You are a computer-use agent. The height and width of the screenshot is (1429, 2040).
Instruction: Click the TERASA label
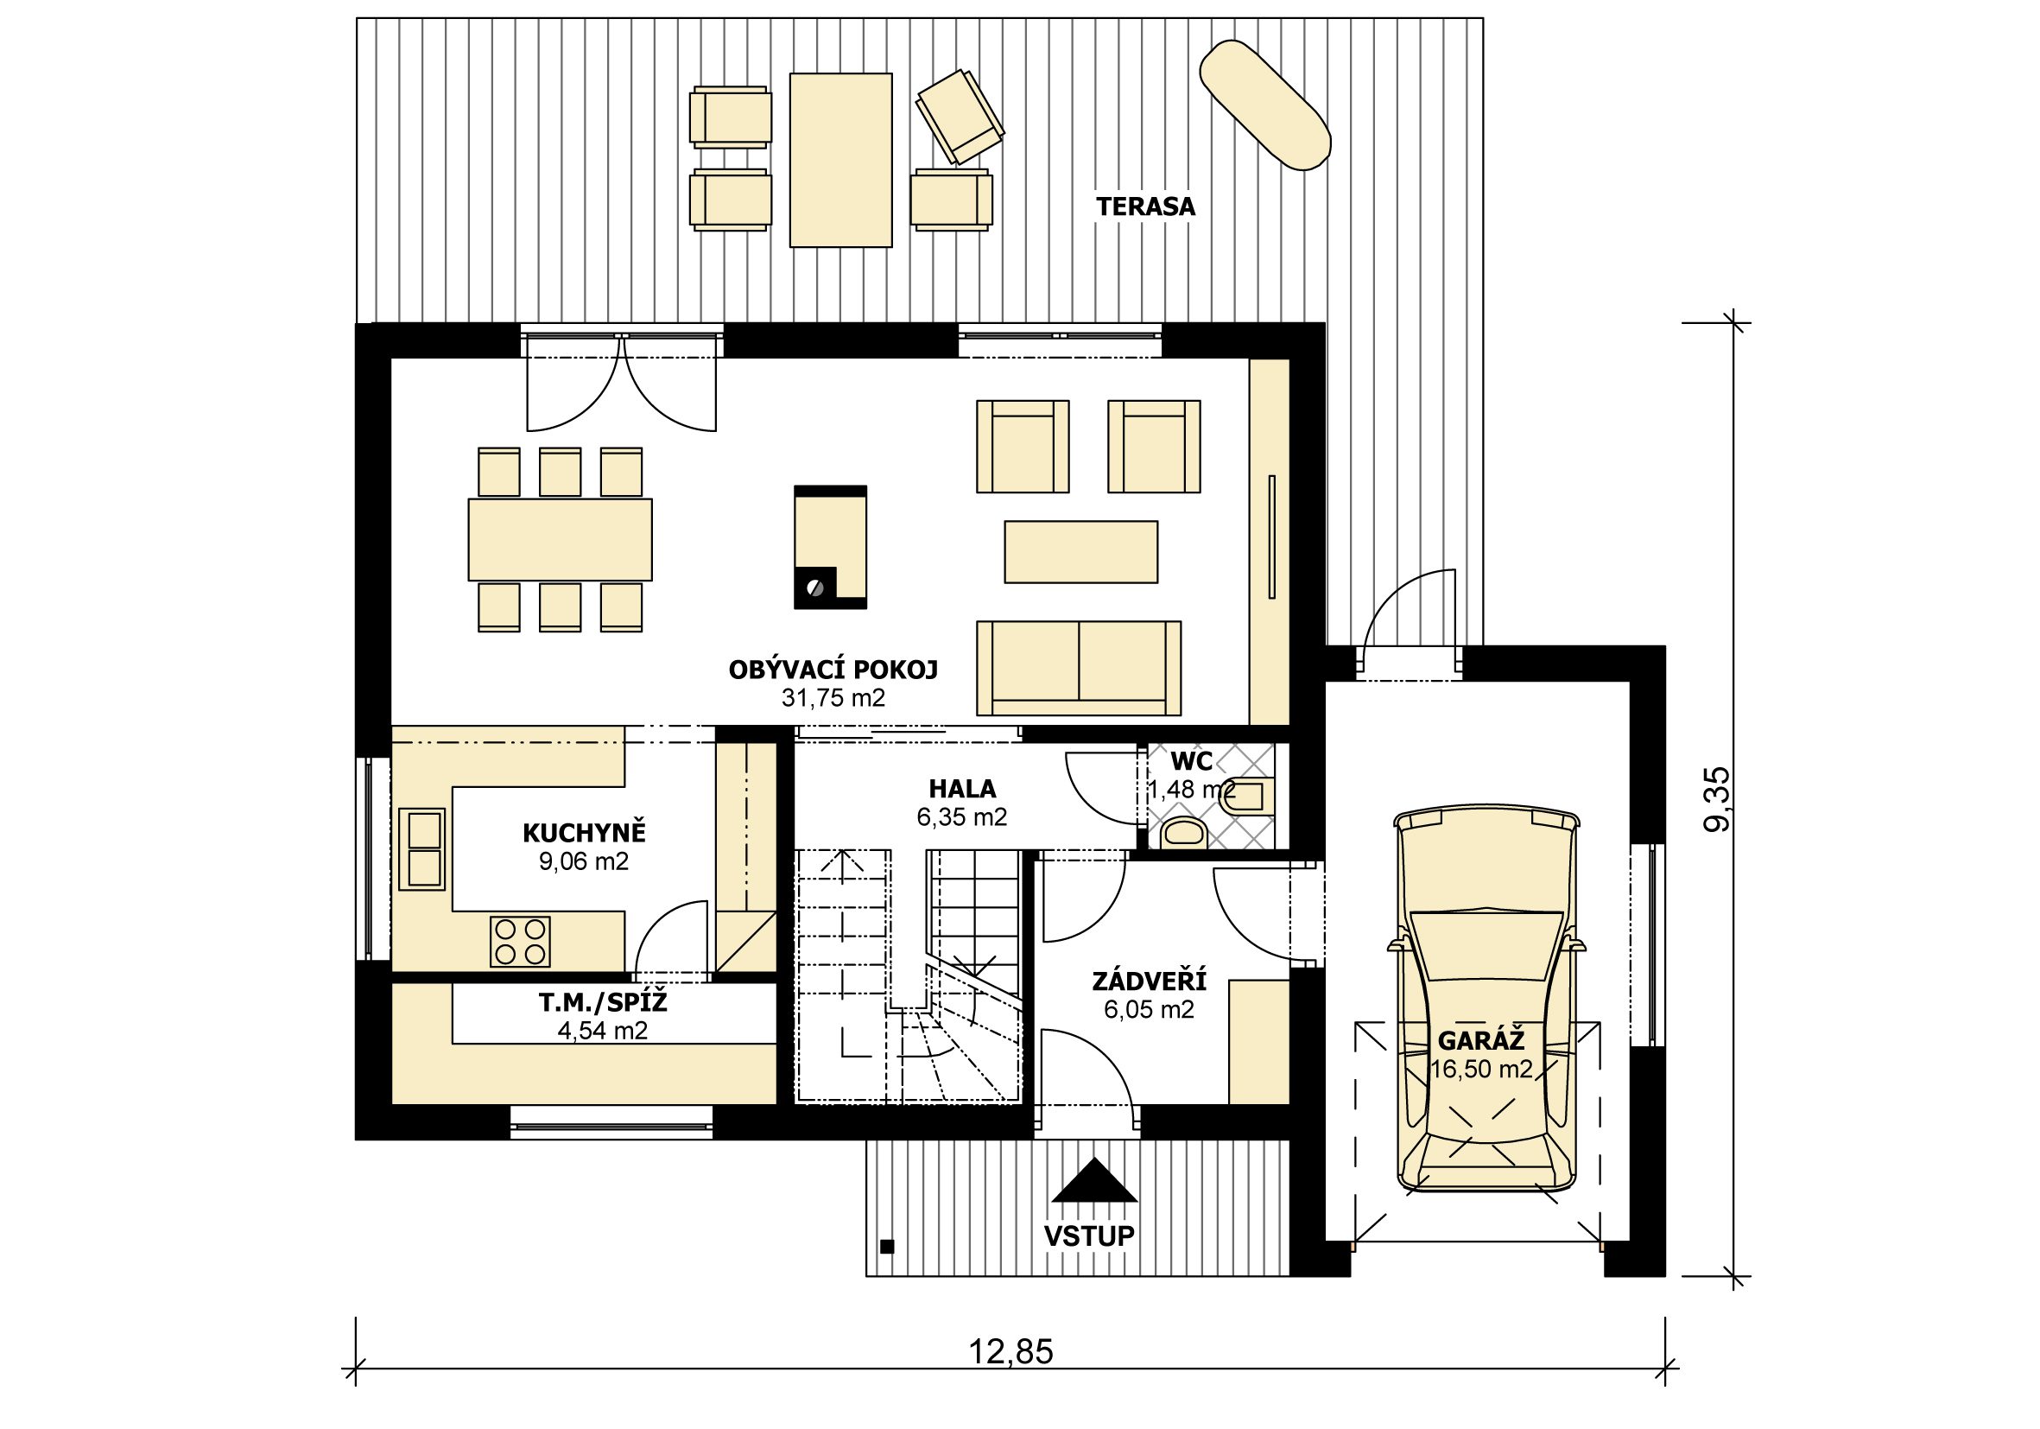(1145, 207)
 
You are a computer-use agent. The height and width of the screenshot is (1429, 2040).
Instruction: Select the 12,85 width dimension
(1010, 1352)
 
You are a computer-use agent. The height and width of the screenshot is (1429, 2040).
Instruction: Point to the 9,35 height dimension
(1717, 799)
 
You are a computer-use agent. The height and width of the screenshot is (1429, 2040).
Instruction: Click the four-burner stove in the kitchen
(520, 942)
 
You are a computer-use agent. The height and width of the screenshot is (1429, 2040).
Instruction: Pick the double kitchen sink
(421, 848)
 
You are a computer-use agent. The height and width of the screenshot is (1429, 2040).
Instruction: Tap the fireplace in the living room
(830, 547)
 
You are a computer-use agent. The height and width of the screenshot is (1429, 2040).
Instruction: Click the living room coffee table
(1080, 552)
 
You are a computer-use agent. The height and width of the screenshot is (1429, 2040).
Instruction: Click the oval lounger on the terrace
(1264, 104)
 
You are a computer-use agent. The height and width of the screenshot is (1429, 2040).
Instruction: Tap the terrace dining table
(840, 160)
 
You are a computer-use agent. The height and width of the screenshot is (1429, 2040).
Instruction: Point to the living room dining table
(560, 539)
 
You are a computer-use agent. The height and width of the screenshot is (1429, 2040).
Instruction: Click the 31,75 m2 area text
(833, 698)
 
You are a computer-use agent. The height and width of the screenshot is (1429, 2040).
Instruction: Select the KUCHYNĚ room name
(584, 834)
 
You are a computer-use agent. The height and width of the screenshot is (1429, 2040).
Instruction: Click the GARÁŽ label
(1481, 1040)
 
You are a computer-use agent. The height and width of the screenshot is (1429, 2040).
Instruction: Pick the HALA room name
(962, 789)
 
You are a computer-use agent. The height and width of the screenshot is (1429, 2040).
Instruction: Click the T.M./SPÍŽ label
(602, 1003)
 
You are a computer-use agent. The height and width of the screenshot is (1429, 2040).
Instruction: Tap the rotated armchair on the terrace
(960, 117)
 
